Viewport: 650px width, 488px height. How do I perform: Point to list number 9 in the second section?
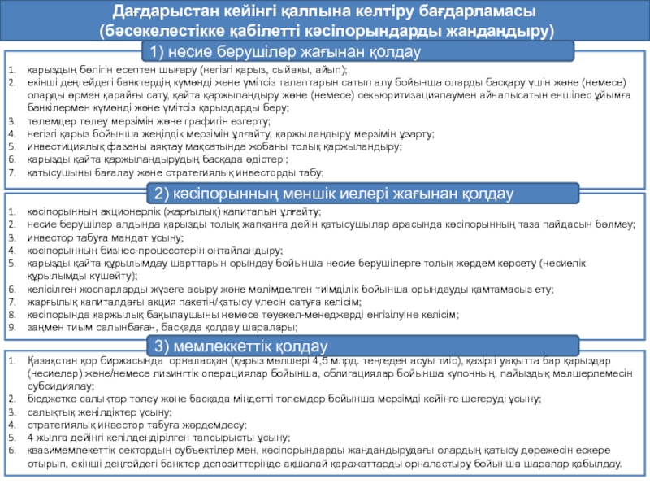[11, 327]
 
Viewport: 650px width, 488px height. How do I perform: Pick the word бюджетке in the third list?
[49, 400]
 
